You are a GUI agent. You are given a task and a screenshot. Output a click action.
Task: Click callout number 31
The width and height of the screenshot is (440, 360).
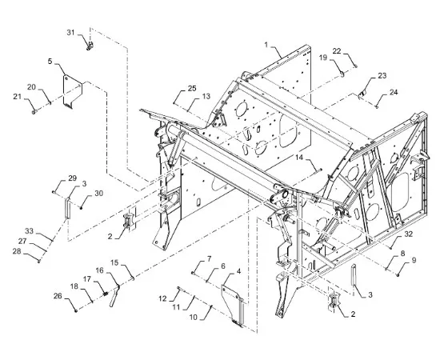70,33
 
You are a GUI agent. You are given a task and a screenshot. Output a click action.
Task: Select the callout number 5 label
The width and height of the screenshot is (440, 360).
50,61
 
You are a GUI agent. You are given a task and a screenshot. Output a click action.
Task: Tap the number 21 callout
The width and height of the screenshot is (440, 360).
18,97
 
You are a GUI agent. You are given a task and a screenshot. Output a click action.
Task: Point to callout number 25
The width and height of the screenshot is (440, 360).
192,88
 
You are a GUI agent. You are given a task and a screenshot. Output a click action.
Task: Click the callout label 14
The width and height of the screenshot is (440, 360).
299,157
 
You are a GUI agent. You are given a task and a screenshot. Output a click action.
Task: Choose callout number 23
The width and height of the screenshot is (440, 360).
382,75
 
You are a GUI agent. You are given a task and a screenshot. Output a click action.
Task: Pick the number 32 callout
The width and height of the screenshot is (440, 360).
409,234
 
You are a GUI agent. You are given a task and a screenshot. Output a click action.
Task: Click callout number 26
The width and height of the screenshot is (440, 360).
58,296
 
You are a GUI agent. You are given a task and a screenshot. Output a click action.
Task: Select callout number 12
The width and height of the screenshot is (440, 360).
162,298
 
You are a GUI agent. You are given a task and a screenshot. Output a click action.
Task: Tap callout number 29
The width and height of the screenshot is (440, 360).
72,178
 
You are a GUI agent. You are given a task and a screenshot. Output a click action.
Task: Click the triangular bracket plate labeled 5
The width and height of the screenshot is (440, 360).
72,91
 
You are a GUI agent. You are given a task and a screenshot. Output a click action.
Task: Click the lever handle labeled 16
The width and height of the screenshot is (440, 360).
114,296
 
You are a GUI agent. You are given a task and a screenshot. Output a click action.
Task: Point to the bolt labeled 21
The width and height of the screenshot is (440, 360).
34,112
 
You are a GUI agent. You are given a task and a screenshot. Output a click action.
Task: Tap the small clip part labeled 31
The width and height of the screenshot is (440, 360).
90,46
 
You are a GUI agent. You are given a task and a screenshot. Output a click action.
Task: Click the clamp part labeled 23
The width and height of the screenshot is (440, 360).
362,94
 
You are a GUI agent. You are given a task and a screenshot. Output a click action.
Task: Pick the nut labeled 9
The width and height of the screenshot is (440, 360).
398,275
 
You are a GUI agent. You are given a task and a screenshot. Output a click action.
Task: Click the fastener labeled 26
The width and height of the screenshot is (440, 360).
76,310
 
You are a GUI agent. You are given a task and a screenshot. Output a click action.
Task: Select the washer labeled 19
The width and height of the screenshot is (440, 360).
342,74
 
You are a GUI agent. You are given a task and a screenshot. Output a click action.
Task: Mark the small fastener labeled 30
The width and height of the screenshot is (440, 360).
81,208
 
